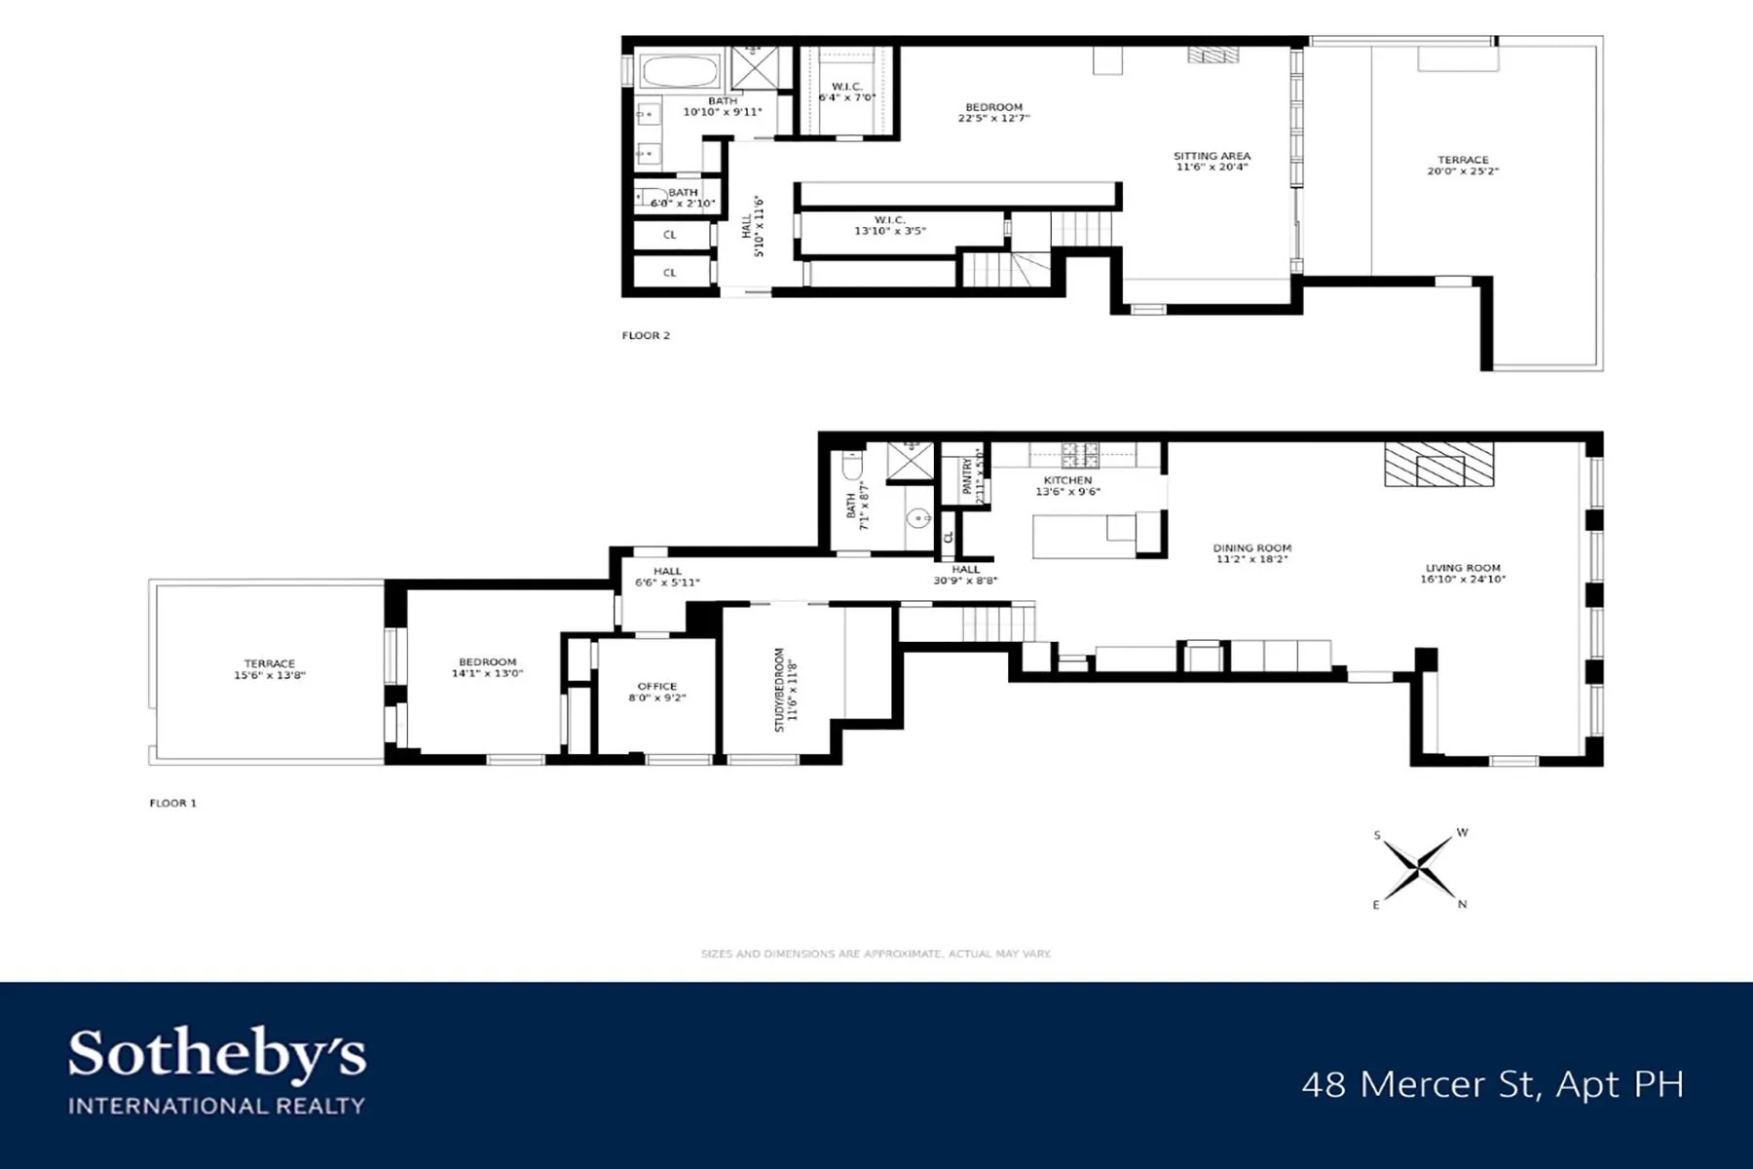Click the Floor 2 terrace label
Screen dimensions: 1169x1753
[x=1463, y=166]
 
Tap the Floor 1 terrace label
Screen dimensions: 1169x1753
[x=269, y=669]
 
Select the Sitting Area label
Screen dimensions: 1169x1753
[x=1212, y=161]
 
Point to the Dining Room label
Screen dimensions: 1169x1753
[x=1251, y=553]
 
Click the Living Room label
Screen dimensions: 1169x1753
[x=1463, y=573]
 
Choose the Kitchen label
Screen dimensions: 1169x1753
[x=1067, y=485]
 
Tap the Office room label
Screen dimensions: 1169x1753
[x=656, y=692]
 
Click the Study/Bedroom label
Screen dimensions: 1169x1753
[x=785, y=690]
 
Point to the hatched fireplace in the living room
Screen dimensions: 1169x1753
[x=1438, y=465]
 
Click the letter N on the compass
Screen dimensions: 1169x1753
[x=1462, y=904]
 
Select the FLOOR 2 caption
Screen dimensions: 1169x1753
[x=646, y=335]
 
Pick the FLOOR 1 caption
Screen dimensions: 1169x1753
[x=172, y=803]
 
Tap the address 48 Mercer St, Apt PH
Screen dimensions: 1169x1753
[x=1492, y=1083]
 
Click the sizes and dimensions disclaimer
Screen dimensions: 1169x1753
[x=876, y=954]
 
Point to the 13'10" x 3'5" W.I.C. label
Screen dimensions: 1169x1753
[x=889, y=226]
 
